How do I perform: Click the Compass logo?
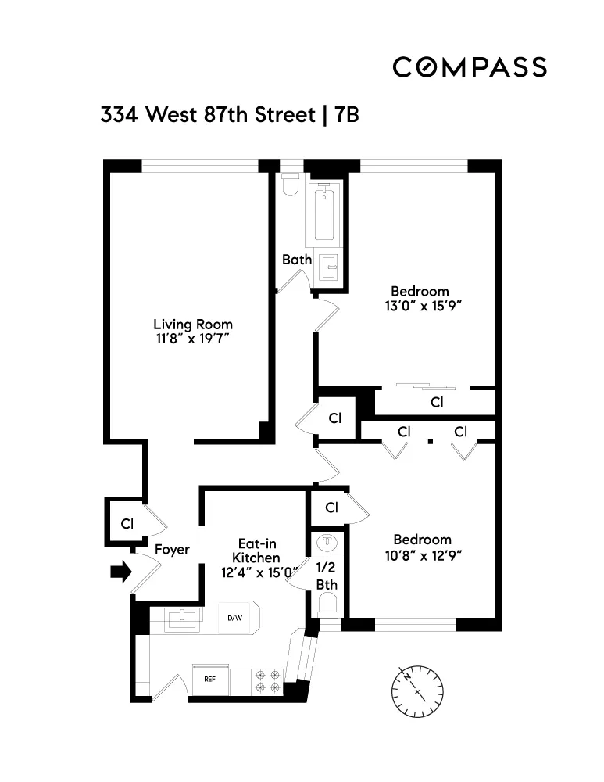[469, 67]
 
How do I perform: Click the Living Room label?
[192, 324]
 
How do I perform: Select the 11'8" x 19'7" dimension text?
[192, 339]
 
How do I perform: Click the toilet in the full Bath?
[289, 185]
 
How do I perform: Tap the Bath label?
[297, 260]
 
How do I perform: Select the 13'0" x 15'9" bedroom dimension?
[420, 307]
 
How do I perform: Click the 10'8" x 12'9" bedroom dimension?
[422, 555]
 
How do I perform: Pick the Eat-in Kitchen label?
[257, 551]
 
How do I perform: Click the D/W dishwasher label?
[234, 618]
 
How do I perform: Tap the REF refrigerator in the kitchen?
[210, 679]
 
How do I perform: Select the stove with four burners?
[267, 680]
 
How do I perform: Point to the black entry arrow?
[120, 573]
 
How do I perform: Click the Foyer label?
[172, 550]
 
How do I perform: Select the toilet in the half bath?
[329, 604]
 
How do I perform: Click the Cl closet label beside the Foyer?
[125, 523]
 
